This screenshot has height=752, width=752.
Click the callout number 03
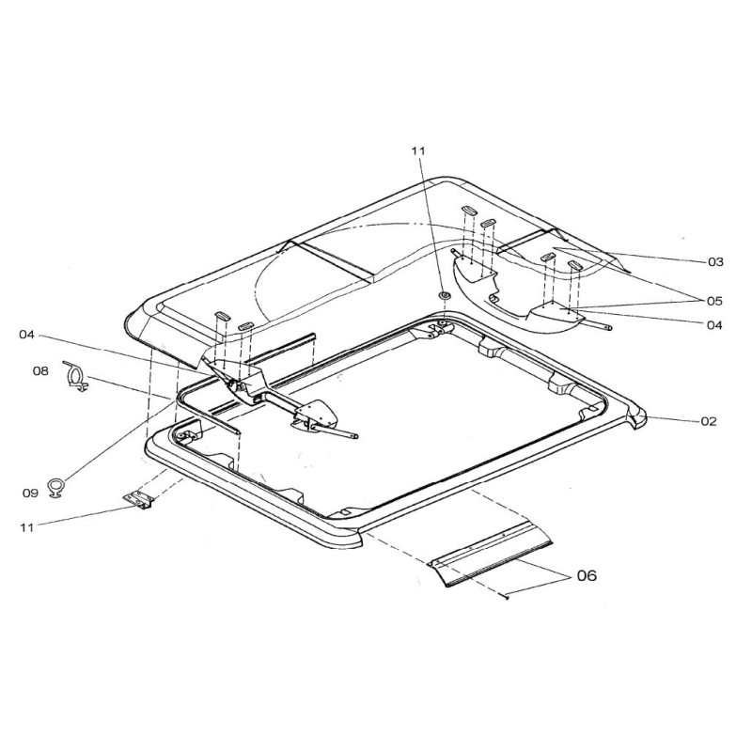pos(716,260)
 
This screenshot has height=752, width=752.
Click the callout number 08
pos(40,371)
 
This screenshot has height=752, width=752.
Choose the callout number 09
pos(31,491)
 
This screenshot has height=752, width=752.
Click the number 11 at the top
pos(418,150)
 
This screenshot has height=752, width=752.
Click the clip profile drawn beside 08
pos(74,374)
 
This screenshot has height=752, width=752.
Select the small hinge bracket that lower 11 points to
pos(139,503)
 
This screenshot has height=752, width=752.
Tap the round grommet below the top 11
pos(444,296)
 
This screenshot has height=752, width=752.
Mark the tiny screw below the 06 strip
pos(507,595)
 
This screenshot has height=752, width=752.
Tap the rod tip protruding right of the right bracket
pos(611,328)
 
